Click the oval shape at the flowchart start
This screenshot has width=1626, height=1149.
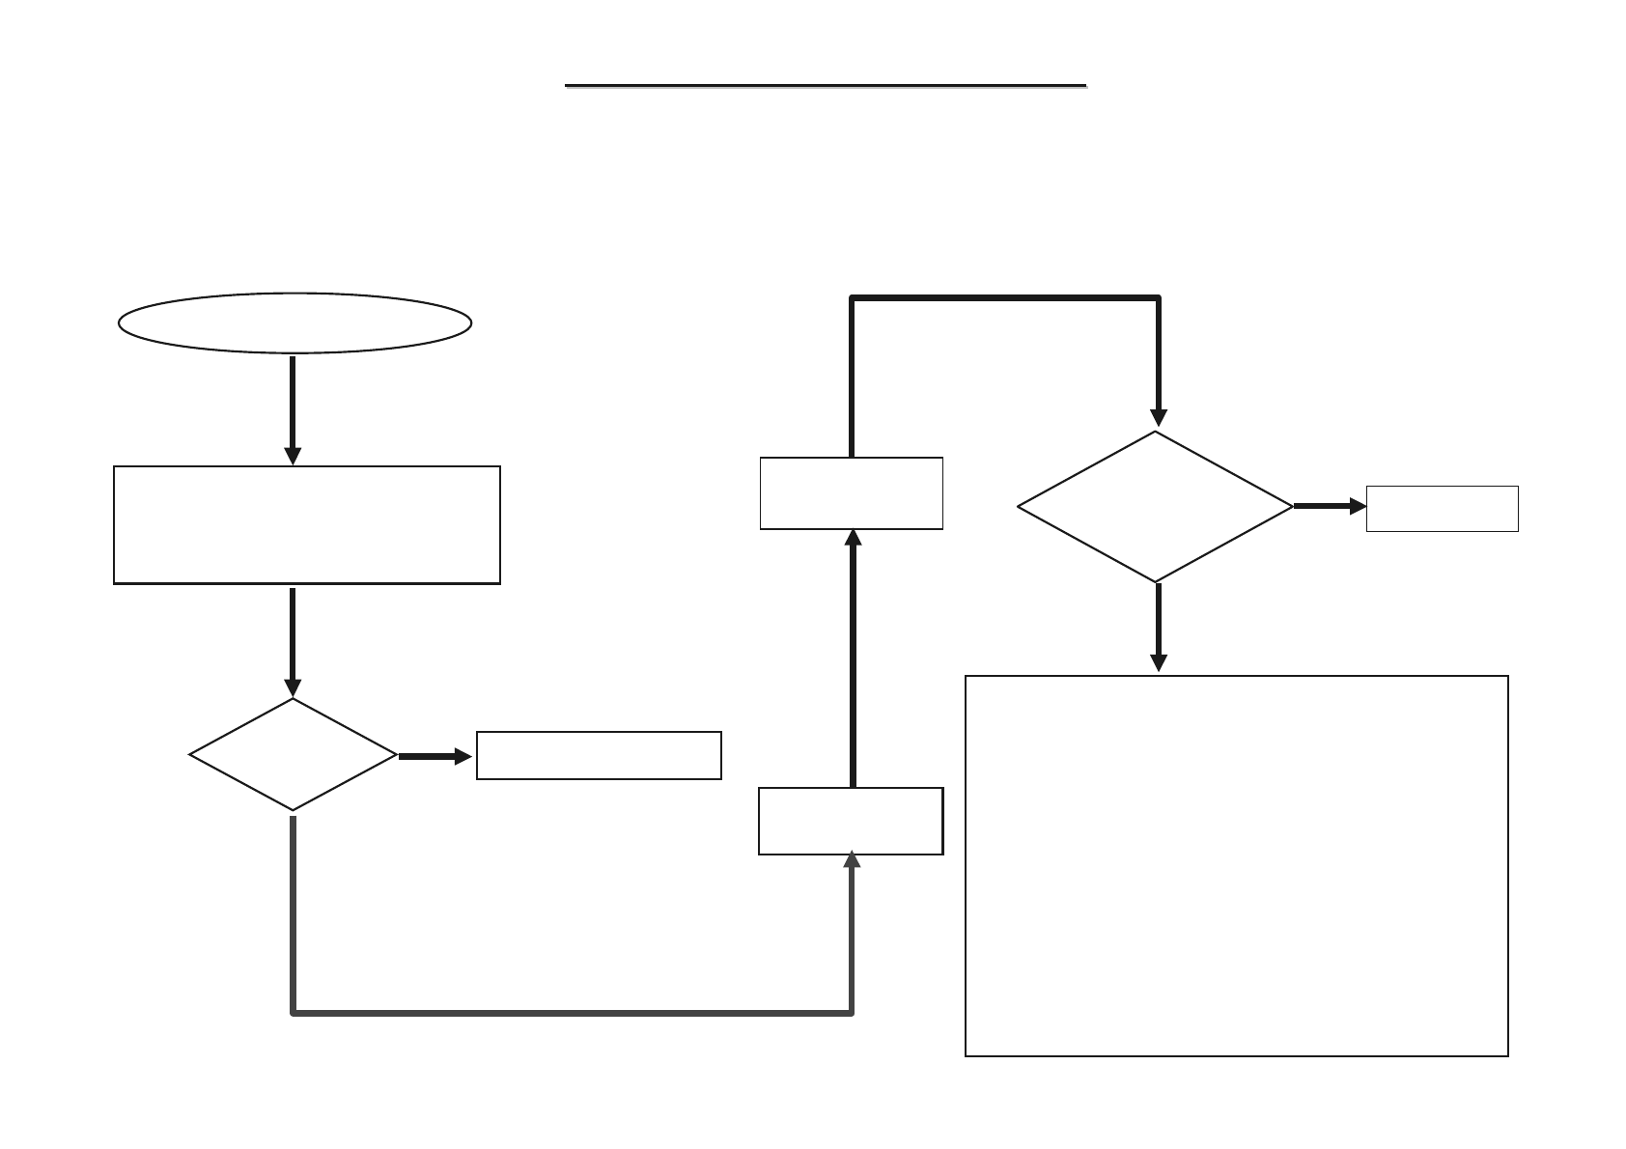(x=294, y=322)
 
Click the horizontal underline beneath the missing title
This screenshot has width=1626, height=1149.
(x=826, y=86)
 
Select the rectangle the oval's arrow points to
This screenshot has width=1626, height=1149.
(x=307, y=525)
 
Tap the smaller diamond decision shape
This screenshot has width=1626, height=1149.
(x=293, y=754)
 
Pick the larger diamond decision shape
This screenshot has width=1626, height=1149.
(x=1156, y=506)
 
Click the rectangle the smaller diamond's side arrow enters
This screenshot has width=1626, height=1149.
(x=599, y=755)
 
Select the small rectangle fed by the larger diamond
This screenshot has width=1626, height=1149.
(x=1442, y=509)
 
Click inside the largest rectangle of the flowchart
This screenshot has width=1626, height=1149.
(x=1236, y=865)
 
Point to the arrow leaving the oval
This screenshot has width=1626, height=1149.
(x=293, y=406)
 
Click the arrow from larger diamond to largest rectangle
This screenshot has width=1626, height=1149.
(x=1158, y=626)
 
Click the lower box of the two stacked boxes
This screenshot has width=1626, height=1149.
(x=851, y=821)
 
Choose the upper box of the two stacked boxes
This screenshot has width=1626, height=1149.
(x=851, y=493)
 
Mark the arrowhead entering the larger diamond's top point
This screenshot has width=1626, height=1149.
(x=1158, y=418)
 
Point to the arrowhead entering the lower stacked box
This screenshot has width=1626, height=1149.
(x=852, y=860)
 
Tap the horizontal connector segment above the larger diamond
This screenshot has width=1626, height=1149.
(x=1004, y=298)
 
